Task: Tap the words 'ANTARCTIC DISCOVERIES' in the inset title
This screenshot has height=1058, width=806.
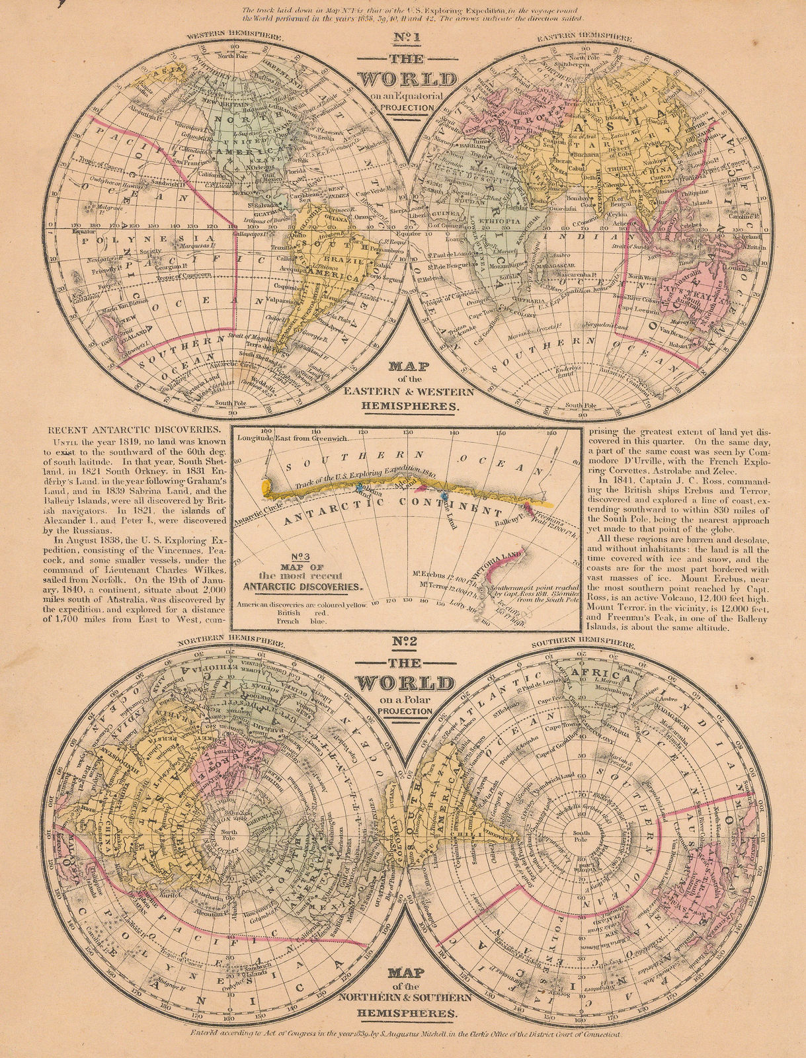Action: pyautogui.click(x=303, y=586)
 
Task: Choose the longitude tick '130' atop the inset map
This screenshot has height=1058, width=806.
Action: pyautogui.click(x=409, y=434)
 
